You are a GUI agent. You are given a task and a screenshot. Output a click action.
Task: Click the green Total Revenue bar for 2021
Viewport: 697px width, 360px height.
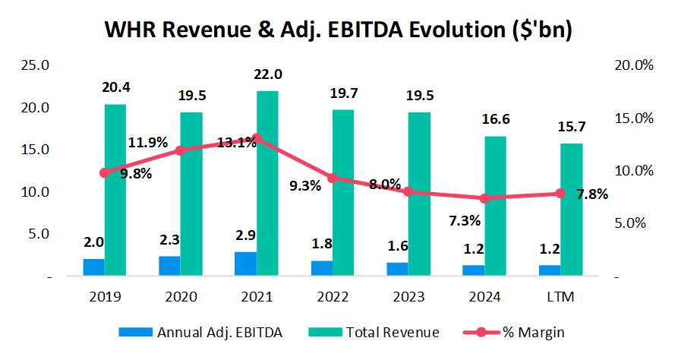click(x=267, y=182)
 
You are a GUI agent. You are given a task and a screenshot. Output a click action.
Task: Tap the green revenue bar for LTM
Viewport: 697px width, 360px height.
click(x=571, y=209)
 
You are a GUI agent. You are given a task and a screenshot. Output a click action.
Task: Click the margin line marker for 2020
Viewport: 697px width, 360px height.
click(x=181, y=150)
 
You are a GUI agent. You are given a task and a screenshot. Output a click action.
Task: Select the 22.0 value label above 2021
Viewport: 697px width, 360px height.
click(x=268, y=74)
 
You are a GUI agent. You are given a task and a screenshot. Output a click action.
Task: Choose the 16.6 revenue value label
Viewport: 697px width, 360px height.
click(x=496, y=119)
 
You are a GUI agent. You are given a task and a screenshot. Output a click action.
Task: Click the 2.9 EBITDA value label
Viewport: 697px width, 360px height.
click(x=246, y=235)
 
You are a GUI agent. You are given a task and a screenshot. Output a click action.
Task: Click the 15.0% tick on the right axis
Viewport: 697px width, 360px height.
click(x=632, y=118)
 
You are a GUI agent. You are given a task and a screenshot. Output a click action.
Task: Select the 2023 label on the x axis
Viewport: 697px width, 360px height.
click(x=408, y=295)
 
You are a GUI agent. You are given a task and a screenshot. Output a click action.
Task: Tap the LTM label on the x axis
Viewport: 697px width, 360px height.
click(x=560, y=295)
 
